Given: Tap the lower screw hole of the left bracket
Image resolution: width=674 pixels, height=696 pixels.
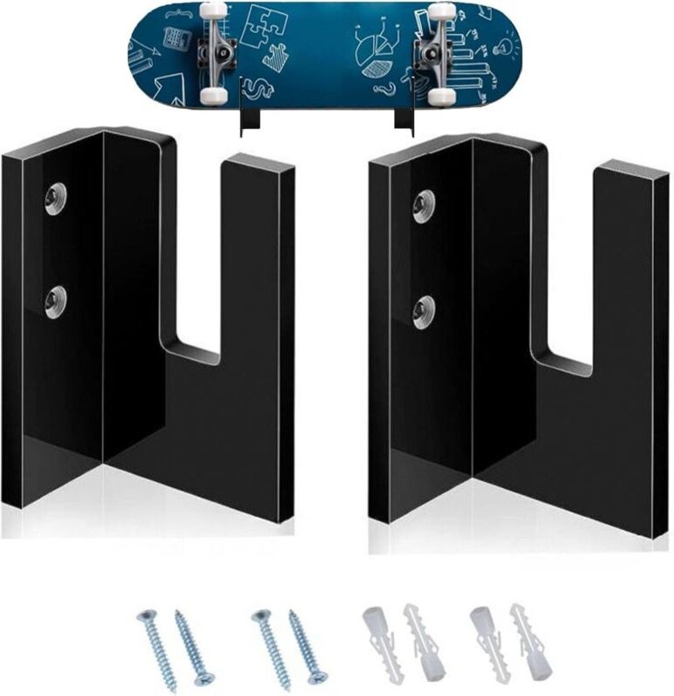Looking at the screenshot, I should point(57,301).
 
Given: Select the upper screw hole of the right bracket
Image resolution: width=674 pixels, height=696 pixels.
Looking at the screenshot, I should point(424,205).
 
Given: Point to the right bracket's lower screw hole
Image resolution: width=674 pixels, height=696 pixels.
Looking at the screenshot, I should point(424,310).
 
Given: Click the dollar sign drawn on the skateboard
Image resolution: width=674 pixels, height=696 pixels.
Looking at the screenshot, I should point(258,88).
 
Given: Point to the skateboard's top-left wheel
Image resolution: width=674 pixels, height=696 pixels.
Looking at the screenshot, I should point(211,11).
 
